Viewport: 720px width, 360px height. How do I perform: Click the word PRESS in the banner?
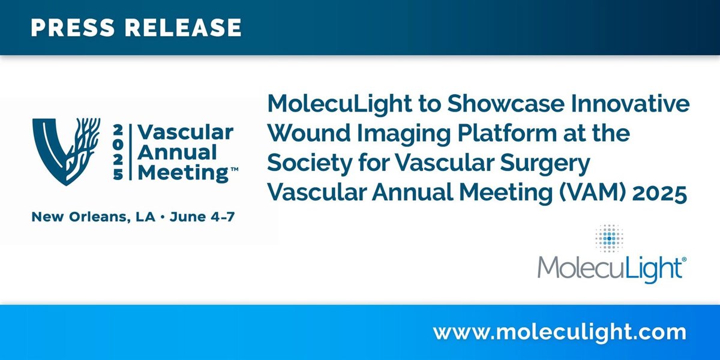click(x=73, y=28)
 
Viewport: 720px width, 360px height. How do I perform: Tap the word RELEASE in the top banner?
click(x=183, y=28)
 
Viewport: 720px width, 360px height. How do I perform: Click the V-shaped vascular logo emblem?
click(x=66, y=152)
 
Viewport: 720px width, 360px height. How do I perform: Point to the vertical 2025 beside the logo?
click(x=118, y=152)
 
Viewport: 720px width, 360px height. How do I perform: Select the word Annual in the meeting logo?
click(x=177, y=152)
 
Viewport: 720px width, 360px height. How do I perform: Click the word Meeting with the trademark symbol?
click(x=188, y=173)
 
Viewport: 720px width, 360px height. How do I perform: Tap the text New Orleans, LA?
click(x=94, y=217)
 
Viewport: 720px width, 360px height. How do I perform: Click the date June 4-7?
click(x=202, y=217)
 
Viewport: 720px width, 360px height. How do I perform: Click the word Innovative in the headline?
click(x=630, y=103)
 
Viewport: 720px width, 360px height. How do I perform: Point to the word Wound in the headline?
click(x=309, y=133)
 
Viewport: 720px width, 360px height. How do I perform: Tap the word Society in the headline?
click(x=310, y=164)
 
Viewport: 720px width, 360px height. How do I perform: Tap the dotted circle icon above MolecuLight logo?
click(x=609, y=238)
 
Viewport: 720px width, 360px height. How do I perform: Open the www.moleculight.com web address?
click(x=560, y=332)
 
